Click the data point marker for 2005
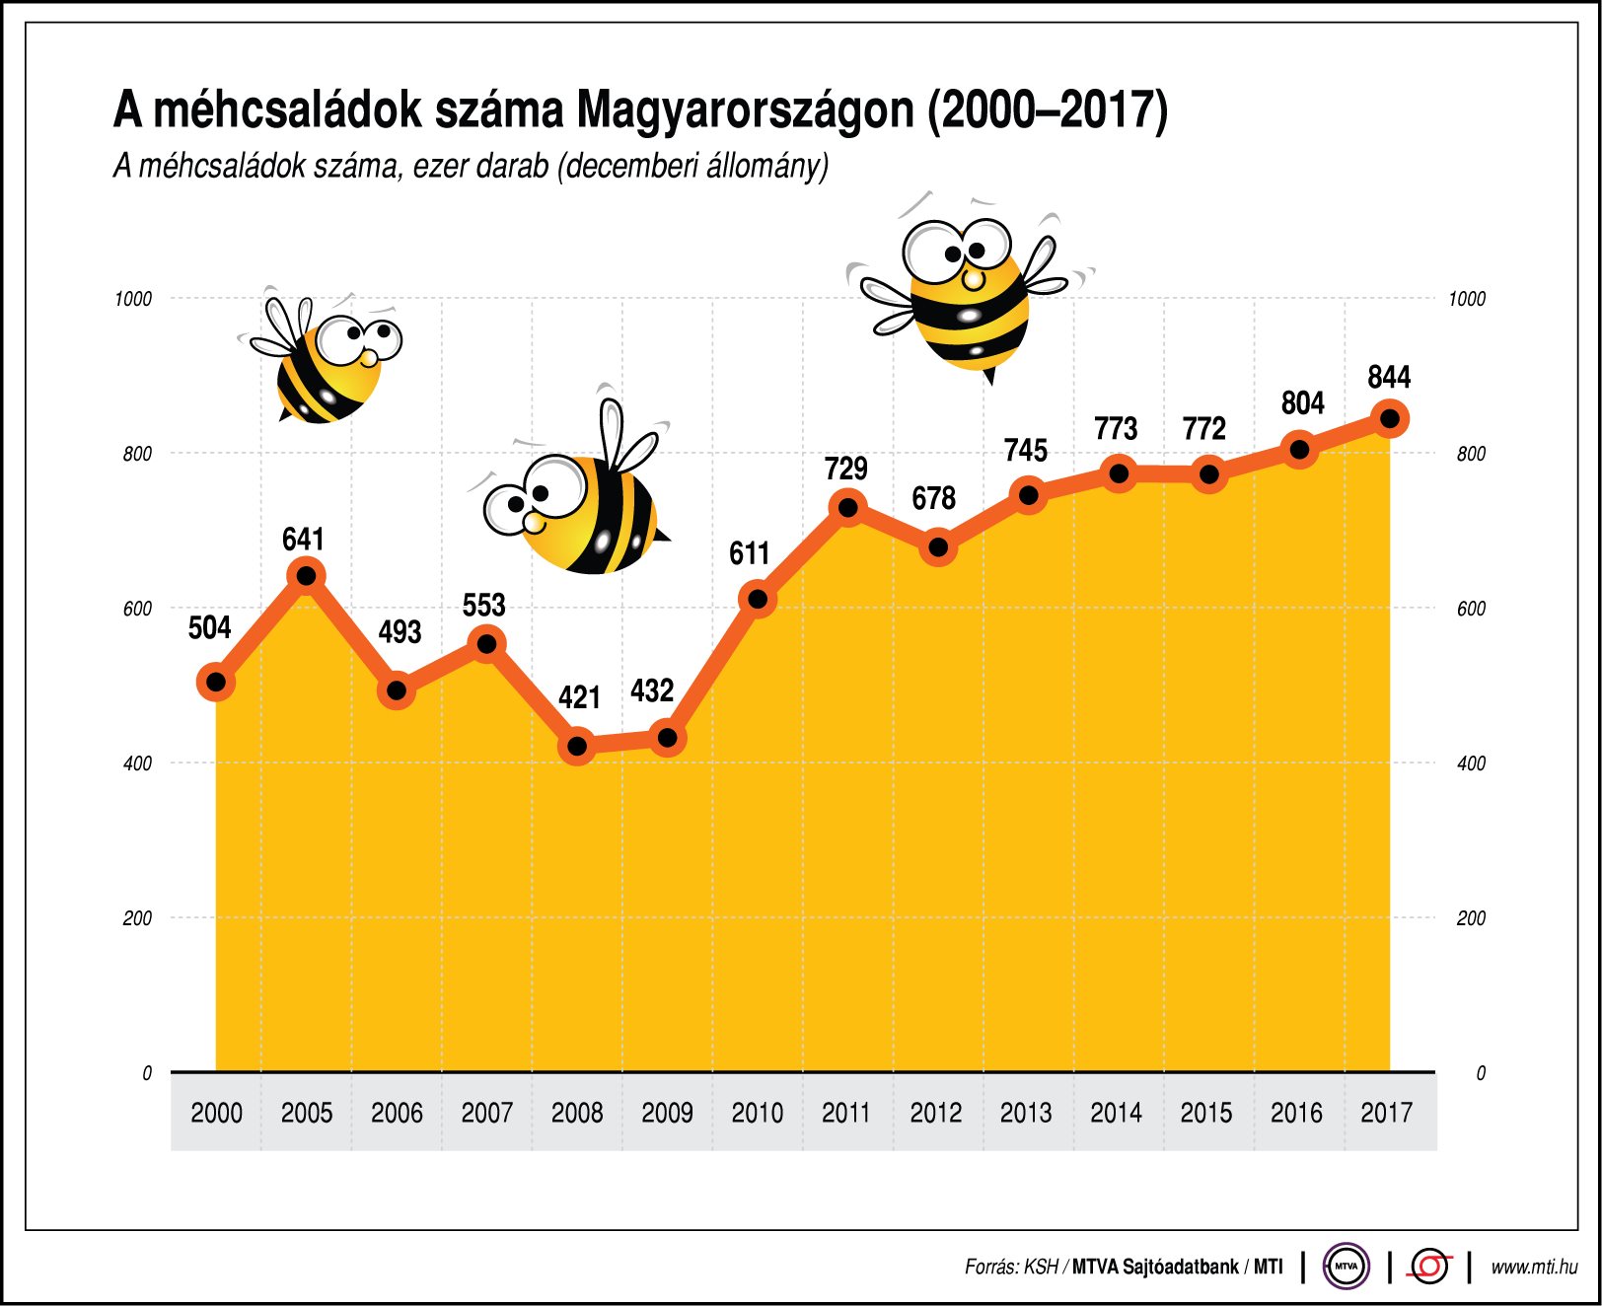coord(306,575)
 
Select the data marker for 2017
coord(1390,418)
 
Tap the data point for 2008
coord(577,746)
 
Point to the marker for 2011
coord(847,508)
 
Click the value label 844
coord(1389,377)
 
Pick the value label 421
coord(579,697)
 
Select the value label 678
coord(933,498)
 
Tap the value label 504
coord(209,627)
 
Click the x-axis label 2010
coord(757,1113)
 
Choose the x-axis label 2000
coord(216,1113)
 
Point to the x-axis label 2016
coord(1296,1113)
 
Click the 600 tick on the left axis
coord(137,609)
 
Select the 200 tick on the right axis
coord(1471,918)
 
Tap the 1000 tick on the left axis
coord(133,299)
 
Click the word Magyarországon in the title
coord(746,109)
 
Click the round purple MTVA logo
coord(1346,1267)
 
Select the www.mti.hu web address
coord(1534,1268)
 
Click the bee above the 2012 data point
coord(967,291)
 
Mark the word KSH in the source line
coord(1041,1268)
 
